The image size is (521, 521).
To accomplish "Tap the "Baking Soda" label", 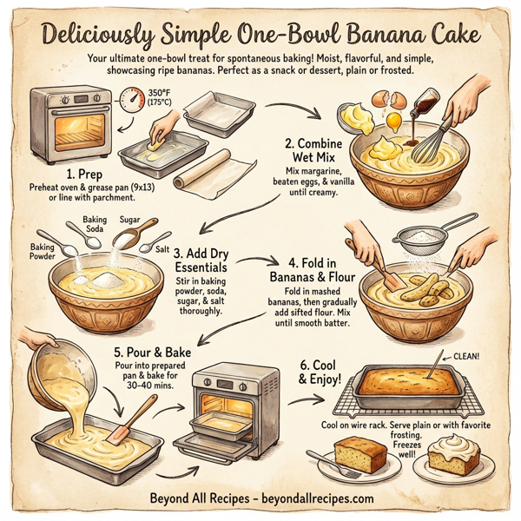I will [x=95, y=225].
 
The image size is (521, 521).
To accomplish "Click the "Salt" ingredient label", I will [x=162, y=248].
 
